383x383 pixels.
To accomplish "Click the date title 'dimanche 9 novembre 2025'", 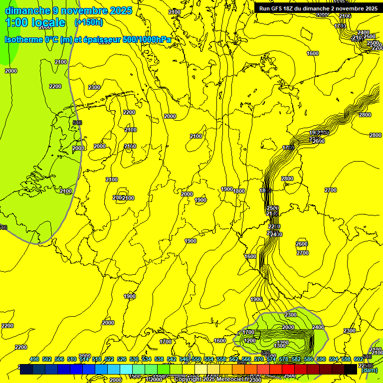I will [x=68, y=10].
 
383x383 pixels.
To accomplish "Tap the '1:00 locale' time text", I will [x=35, y=22].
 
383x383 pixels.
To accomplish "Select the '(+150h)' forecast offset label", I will [x=89, y=22].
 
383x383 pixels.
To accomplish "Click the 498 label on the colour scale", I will [x=34, y=359].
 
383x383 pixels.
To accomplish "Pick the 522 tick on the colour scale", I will [x=109, y=359].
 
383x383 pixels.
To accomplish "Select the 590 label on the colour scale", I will [x=321, y=359].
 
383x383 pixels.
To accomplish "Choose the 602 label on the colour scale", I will [x=359, y=359].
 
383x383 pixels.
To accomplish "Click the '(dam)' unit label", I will [x=369, y=370].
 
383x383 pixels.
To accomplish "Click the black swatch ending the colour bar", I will [x=351, y=369].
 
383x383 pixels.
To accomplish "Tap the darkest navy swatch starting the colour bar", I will [x=26, y=369].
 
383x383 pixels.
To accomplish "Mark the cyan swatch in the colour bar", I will [x=126, y=369].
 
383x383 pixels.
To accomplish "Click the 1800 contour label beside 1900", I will [x=239, y=191].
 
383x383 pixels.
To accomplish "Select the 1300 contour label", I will [x=280, y=346].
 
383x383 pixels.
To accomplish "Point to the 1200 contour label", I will [x=250, y=341].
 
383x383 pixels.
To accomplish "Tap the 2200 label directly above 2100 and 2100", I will [x=129, y=112].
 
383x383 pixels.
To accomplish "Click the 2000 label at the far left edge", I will [x=10, y=71].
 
